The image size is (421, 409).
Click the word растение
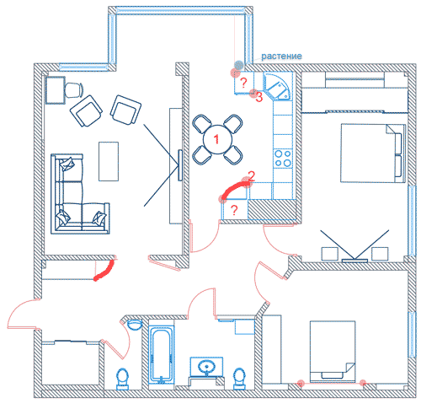pyautogui.click(x=281, y=57)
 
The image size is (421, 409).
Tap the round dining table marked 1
pyautogui.click(x=217, y=139)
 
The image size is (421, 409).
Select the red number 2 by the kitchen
pyautogui.click(x=251, y=175)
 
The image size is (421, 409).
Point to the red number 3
pyautogui.click(x=259, y=97)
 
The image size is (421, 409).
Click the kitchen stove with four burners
pyautogui.click(x=283, y=159)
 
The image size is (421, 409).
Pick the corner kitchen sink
pyautogui.click(x=278, y=86)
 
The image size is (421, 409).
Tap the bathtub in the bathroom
pyautogui.click(x=161, y=354)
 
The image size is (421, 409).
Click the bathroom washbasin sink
pyautogui.click(x=206, y=367)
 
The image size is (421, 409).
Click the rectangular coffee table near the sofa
pyautogui.click(x=109, y=161)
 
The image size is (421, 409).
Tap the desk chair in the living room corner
pyautogui.click(x=74, y=90)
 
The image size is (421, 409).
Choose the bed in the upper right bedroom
pyautogui.click(x=373, y=153)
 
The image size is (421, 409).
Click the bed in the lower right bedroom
pyautogui.click(x=333, y=351)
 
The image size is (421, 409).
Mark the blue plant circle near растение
pyautogui.click(x=239, y=65)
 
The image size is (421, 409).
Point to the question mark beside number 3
pyautogui.click(x=243, y=83)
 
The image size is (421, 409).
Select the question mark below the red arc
pyautogui.click(x=234, y=210)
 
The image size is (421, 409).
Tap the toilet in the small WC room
pyautogui.click(x=122, y=379)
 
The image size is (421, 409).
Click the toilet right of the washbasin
pyautogui.click(x=239, y=379)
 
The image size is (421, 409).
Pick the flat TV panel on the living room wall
pyautogui.click(x=180, y=165)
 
